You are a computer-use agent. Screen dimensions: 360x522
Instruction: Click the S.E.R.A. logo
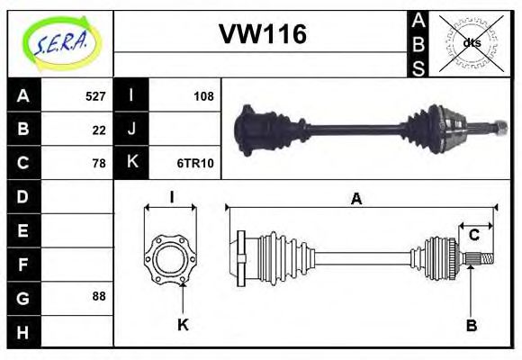point(59,41)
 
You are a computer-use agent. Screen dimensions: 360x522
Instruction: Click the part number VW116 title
point(262,34)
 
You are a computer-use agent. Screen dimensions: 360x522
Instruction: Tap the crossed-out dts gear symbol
point(471,42)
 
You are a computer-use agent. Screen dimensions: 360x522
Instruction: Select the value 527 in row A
point(95,96)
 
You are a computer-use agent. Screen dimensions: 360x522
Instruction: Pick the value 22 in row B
point(99,130)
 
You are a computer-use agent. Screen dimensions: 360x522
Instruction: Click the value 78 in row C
point(99,163)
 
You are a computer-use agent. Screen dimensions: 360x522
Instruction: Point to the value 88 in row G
point(99,296)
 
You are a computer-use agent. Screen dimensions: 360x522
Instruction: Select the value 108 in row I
point(203,96)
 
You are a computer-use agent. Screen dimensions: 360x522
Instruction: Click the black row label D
point(22,196)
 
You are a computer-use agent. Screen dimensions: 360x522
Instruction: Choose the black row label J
point(131,130)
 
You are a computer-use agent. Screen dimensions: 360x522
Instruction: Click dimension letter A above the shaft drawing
point(356,200)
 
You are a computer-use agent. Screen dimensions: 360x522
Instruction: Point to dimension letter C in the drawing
point(473,235)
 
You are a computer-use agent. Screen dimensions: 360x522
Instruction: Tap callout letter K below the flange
point(183,325)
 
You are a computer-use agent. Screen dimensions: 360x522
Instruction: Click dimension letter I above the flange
point(171,199)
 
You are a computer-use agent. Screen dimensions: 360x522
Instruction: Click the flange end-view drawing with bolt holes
point(171,258)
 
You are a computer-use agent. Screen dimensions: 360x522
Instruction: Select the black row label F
point(22,264)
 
